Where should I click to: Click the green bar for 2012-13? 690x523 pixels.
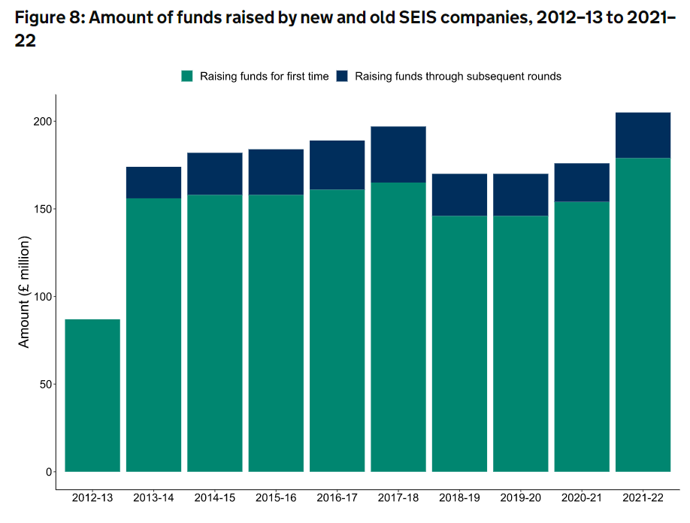[x=92, y=395]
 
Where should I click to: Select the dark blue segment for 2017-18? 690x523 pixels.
[x=398, y=155]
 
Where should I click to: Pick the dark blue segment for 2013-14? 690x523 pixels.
[x=153, y=183]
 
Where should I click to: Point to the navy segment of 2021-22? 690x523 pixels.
[x=642, y=135]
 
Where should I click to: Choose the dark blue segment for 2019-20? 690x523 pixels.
[x=520, y=195]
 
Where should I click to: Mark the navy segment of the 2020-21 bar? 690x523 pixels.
[x=581, y=183]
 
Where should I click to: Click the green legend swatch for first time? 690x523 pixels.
[x=187, y=76]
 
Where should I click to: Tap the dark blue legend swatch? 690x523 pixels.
[x=342, y=76]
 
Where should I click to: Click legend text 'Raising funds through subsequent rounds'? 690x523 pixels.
[x=458, y=76]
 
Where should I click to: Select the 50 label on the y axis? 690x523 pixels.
[x=44, y=385]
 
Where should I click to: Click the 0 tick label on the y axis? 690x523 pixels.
[x=47, y=472]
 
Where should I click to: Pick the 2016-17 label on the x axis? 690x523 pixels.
[x=337, y=497]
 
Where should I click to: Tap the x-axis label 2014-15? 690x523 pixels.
[x=215, y=497]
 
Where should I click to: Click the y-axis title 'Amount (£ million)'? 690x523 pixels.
[x=24, y=292]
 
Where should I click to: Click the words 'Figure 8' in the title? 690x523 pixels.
[x=47, y=18]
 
